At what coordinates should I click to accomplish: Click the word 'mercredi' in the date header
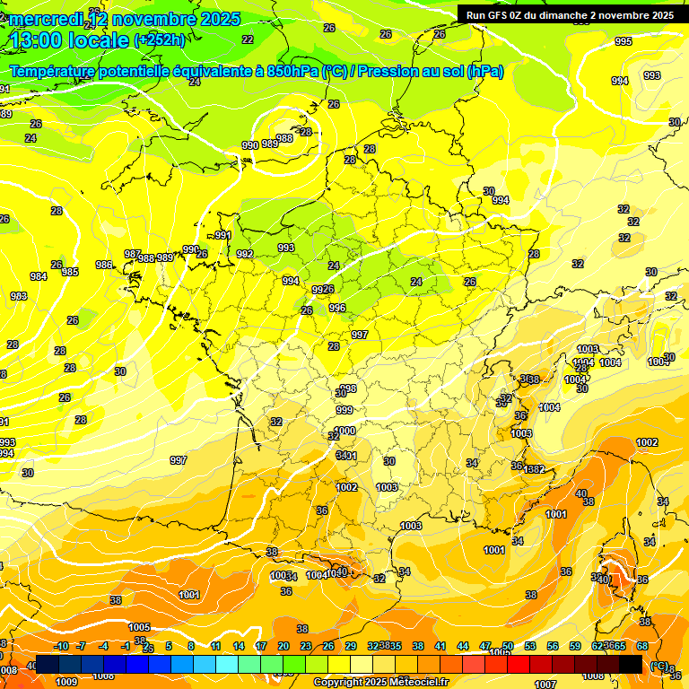[46, 19]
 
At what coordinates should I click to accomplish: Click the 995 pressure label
[623, 42]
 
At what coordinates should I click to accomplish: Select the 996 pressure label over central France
[337, 308]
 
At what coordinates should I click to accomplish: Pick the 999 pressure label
[344, 410]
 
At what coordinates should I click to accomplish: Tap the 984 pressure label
[39, 277]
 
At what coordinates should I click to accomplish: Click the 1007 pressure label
[545, 685]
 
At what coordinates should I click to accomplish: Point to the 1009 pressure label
[66, 682]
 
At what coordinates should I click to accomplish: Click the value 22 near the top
[248, 39]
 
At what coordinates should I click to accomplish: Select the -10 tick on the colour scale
[61, 646]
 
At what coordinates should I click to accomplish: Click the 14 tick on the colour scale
[239, 646]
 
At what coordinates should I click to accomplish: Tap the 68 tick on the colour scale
[642, 646]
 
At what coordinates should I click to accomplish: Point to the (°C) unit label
[658, 665]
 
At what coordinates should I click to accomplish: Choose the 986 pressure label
[104, 265]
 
